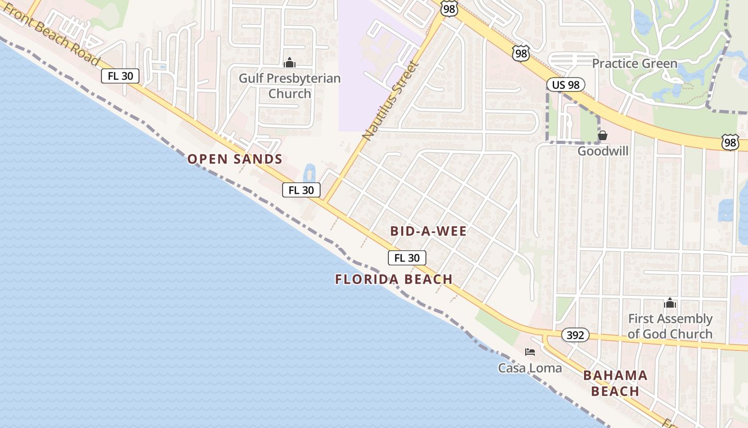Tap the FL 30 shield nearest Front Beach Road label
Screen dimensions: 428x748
[120, 76]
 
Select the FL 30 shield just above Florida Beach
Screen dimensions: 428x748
[407, 258]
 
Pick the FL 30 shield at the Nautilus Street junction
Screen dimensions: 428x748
[301, 189]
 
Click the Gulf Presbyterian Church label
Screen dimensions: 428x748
[290, 86]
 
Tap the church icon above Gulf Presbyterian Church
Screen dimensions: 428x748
[290, 63]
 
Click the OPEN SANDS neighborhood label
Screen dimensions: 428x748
[235, 159]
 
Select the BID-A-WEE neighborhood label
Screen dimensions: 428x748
[428, 231]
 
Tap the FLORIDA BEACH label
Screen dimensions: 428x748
[394, 279]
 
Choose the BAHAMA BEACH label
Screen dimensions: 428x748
[615, 383]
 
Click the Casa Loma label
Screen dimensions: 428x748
[530, 368]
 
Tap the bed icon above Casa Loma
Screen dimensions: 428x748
[530, 352]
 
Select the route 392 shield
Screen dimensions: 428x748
[575, 335]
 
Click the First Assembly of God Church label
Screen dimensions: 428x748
[670, 326]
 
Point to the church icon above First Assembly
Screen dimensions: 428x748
[670, 304]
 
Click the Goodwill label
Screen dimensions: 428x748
[603, 151]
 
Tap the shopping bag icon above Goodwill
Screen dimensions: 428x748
[603, 135]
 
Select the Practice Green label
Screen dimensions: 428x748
[634, 64]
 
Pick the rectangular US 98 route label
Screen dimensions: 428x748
[566, 85]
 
